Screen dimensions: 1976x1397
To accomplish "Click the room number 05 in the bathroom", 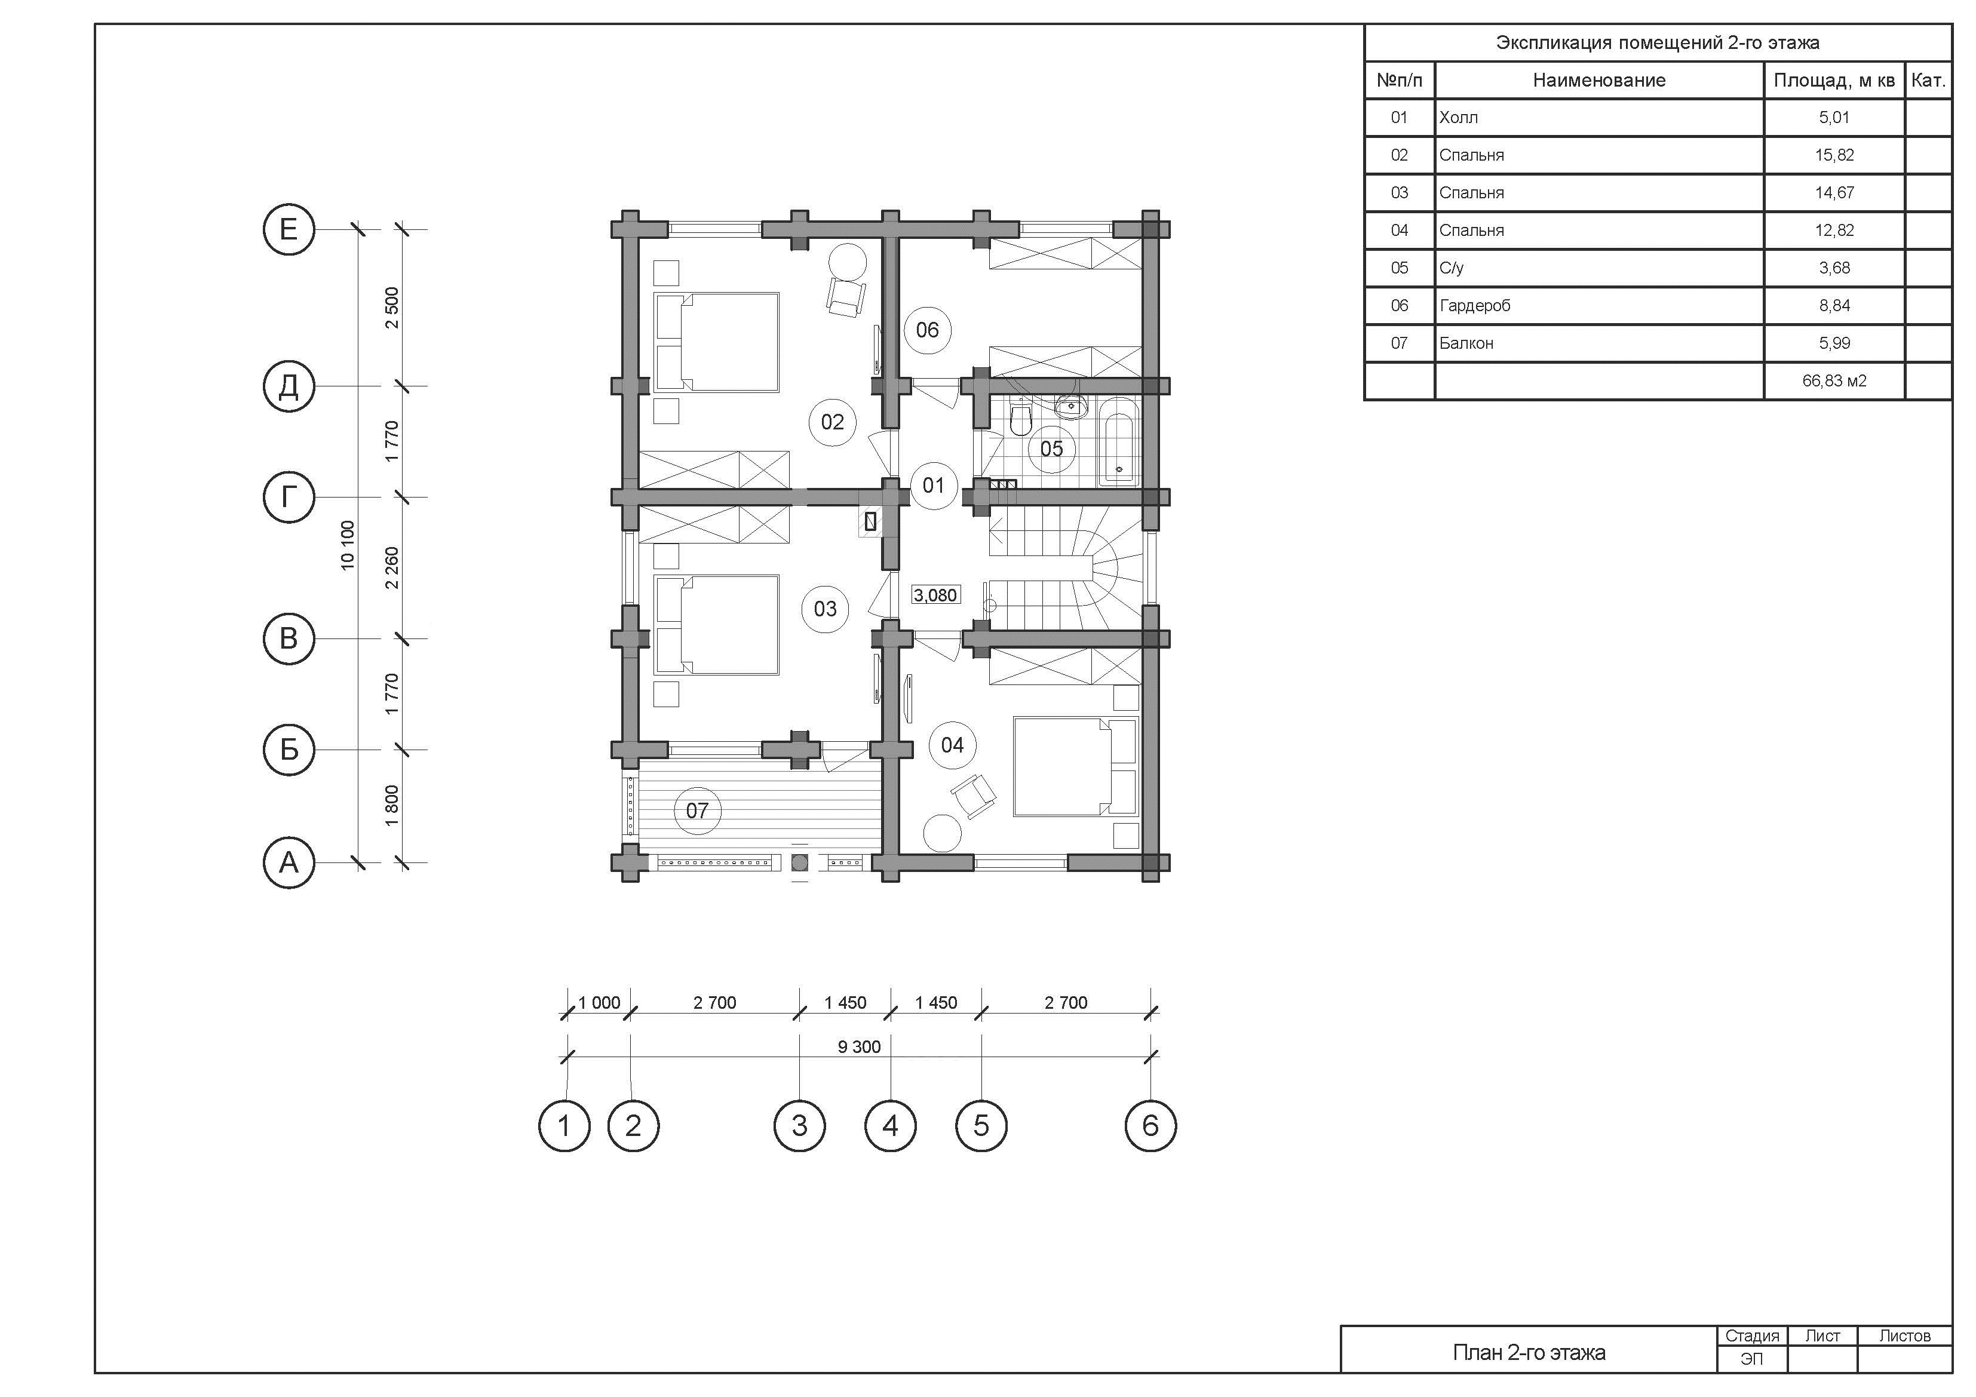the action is [1051, 449].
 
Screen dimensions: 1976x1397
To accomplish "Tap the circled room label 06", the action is [927, 330].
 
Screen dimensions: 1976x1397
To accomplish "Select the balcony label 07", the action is [697, 810].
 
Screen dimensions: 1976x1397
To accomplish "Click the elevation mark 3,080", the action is [935, 595].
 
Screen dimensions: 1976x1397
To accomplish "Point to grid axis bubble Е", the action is [289, 229].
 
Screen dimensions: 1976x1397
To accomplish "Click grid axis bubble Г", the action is [289, 497].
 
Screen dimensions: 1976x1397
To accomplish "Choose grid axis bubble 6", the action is [1150, 1125].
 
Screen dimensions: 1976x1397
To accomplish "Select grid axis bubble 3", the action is [799, 1125].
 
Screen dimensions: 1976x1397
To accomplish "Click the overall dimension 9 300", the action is [859, 1046].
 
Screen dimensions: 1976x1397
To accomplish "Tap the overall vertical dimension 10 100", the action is [347, 545].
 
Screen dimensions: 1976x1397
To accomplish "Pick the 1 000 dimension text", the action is [599, 1003].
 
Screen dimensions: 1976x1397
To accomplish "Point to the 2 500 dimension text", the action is [392, 307].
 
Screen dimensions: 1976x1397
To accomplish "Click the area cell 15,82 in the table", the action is [1834, 155].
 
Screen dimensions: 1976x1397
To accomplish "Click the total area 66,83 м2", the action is [1834, 380].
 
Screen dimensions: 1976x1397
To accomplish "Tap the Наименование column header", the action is [1599, 80].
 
